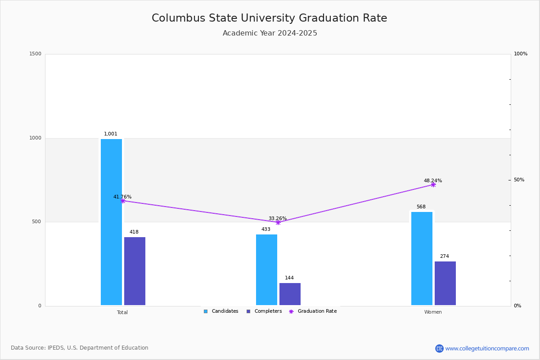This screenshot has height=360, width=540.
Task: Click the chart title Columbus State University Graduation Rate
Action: coord(269,18)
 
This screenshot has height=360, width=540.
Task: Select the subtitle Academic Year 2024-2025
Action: coord(270,33)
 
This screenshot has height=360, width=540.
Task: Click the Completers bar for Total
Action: coord(135,271)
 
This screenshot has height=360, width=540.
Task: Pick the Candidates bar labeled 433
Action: coord(266,270)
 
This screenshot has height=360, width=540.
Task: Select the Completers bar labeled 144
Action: coord(290,294)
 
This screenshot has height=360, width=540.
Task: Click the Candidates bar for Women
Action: coord(422,258)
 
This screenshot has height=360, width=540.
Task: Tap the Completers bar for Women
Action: coord(445,283)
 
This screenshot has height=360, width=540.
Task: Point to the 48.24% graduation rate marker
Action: coord(433,184)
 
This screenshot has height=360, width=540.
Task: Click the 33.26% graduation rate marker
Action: coord(278,222)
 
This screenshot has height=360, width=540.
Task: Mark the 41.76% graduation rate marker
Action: coord(122,201)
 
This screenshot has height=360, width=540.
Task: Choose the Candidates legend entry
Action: coord(221,311)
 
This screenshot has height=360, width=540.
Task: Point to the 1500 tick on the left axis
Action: coord(36,54)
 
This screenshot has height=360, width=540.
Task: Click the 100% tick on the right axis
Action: coord(521,54)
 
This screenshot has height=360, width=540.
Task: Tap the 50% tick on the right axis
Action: coord(519,180)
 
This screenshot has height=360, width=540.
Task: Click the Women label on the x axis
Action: coord(433,312)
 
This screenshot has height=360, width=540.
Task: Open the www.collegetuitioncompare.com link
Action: coord(487,348)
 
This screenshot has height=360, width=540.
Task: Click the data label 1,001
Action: coord(111,134)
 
